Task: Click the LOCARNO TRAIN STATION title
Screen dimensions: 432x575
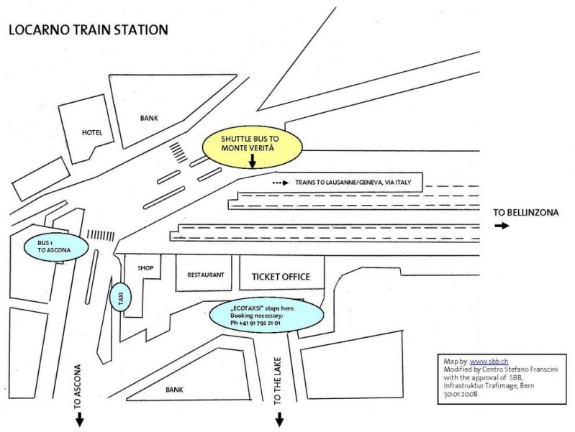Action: coord(87,30)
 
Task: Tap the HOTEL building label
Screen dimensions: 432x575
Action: coord(92,132)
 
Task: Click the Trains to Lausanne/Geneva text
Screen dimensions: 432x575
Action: coord(353,183)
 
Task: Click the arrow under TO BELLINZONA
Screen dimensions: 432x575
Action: coord(502,226)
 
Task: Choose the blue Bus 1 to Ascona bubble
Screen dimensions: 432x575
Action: coord(56,247)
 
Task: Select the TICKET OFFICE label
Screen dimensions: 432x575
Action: coord(280,277)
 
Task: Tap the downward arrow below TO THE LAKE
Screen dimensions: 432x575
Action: coord(279,419)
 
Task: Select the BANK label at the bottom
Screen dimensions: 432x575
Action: coord(175,389)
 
